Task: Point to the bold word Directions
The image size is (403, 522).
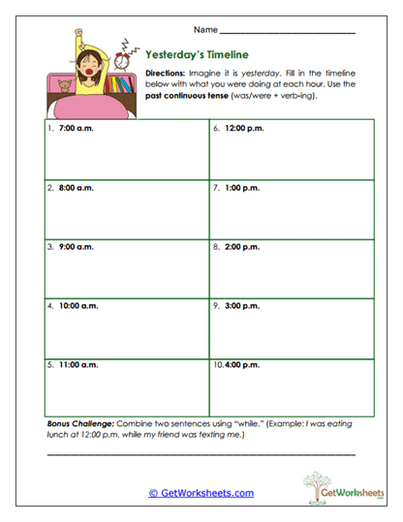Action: coord(165,74)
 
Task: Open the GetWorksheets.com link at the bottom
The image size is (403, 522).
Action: coord(201,493)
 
